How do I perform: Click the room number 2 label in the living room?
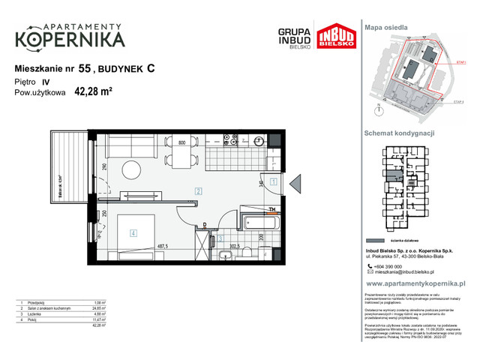coord(197,191)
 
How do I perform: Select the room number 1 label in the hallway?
coord(274,182)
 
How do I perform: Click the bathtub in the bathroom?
coord(259,222)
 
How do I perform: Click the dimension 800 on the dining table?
coord(181,142)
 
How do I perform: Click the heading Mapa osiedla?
coord(386,27)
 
